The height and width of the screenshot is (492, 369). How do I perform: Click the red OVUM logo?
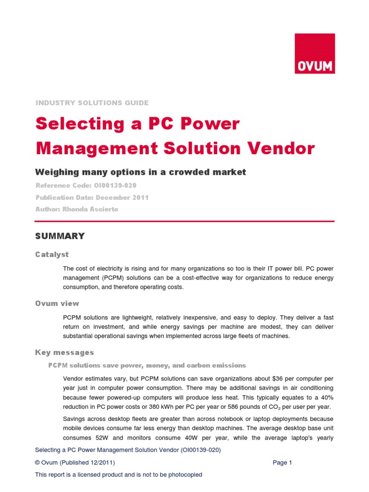315,53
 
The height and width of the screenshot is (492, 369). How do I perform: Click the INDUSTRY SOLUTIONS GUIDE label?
92,103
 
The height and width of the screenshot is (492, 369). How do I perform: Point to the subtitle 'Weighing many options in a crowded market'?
141,172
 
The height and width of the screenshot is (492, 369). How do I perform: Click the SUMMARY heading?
60,236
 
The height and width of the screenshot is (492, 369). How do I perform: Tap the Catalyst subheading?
52,254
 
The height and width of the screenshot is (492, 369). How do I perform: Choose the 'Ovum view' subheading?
57,303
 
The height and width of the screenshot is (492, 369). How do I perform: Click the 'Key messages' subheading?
64,353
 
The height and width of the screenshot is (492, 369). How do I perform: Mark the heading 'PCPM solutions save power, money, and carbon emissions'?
147,366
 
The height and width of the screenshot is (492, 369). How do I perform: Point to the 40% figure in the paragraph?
326,398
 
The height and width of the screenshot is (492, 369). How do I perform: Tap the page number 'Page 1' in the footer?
282,463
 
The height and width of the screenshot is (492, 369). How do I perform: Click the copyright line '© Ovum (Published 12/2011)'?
75,463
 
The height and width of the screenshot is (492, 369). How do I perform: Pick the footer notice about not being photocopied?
119,475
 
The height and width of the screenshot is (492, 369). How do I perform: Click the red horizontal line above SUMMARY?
185,221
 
